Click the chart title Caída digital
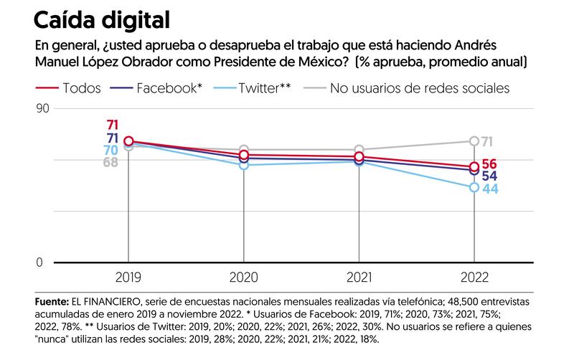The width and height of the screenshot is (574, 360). [101, 19]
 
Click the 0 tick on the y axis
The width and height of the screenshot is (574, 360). [39, 263]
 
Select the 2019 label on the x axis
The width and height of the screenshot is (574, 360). [129, 278]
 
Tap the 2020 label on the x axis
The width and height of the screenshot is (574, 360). [244, 278]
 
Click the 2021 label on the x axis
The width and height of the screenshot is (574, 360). [359, 278]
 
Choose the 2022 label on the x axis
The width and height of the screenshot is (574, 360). [474, 278]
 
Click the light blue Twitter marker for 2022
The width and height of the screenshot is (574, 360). [474, 187]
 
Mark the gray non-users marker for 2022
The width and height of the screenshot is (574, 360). [474, 141]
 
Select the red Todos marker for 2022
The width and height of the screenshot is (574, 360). [474, 167]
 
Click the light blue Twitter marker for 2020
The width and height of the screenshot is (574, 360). [244, 165]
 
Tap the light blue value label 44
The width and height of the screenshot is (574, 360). [490, 189]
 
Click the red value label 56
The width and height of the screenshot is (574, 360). [490, 164]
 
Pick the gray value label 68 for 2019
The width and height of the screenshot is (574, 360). [110, 162]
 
